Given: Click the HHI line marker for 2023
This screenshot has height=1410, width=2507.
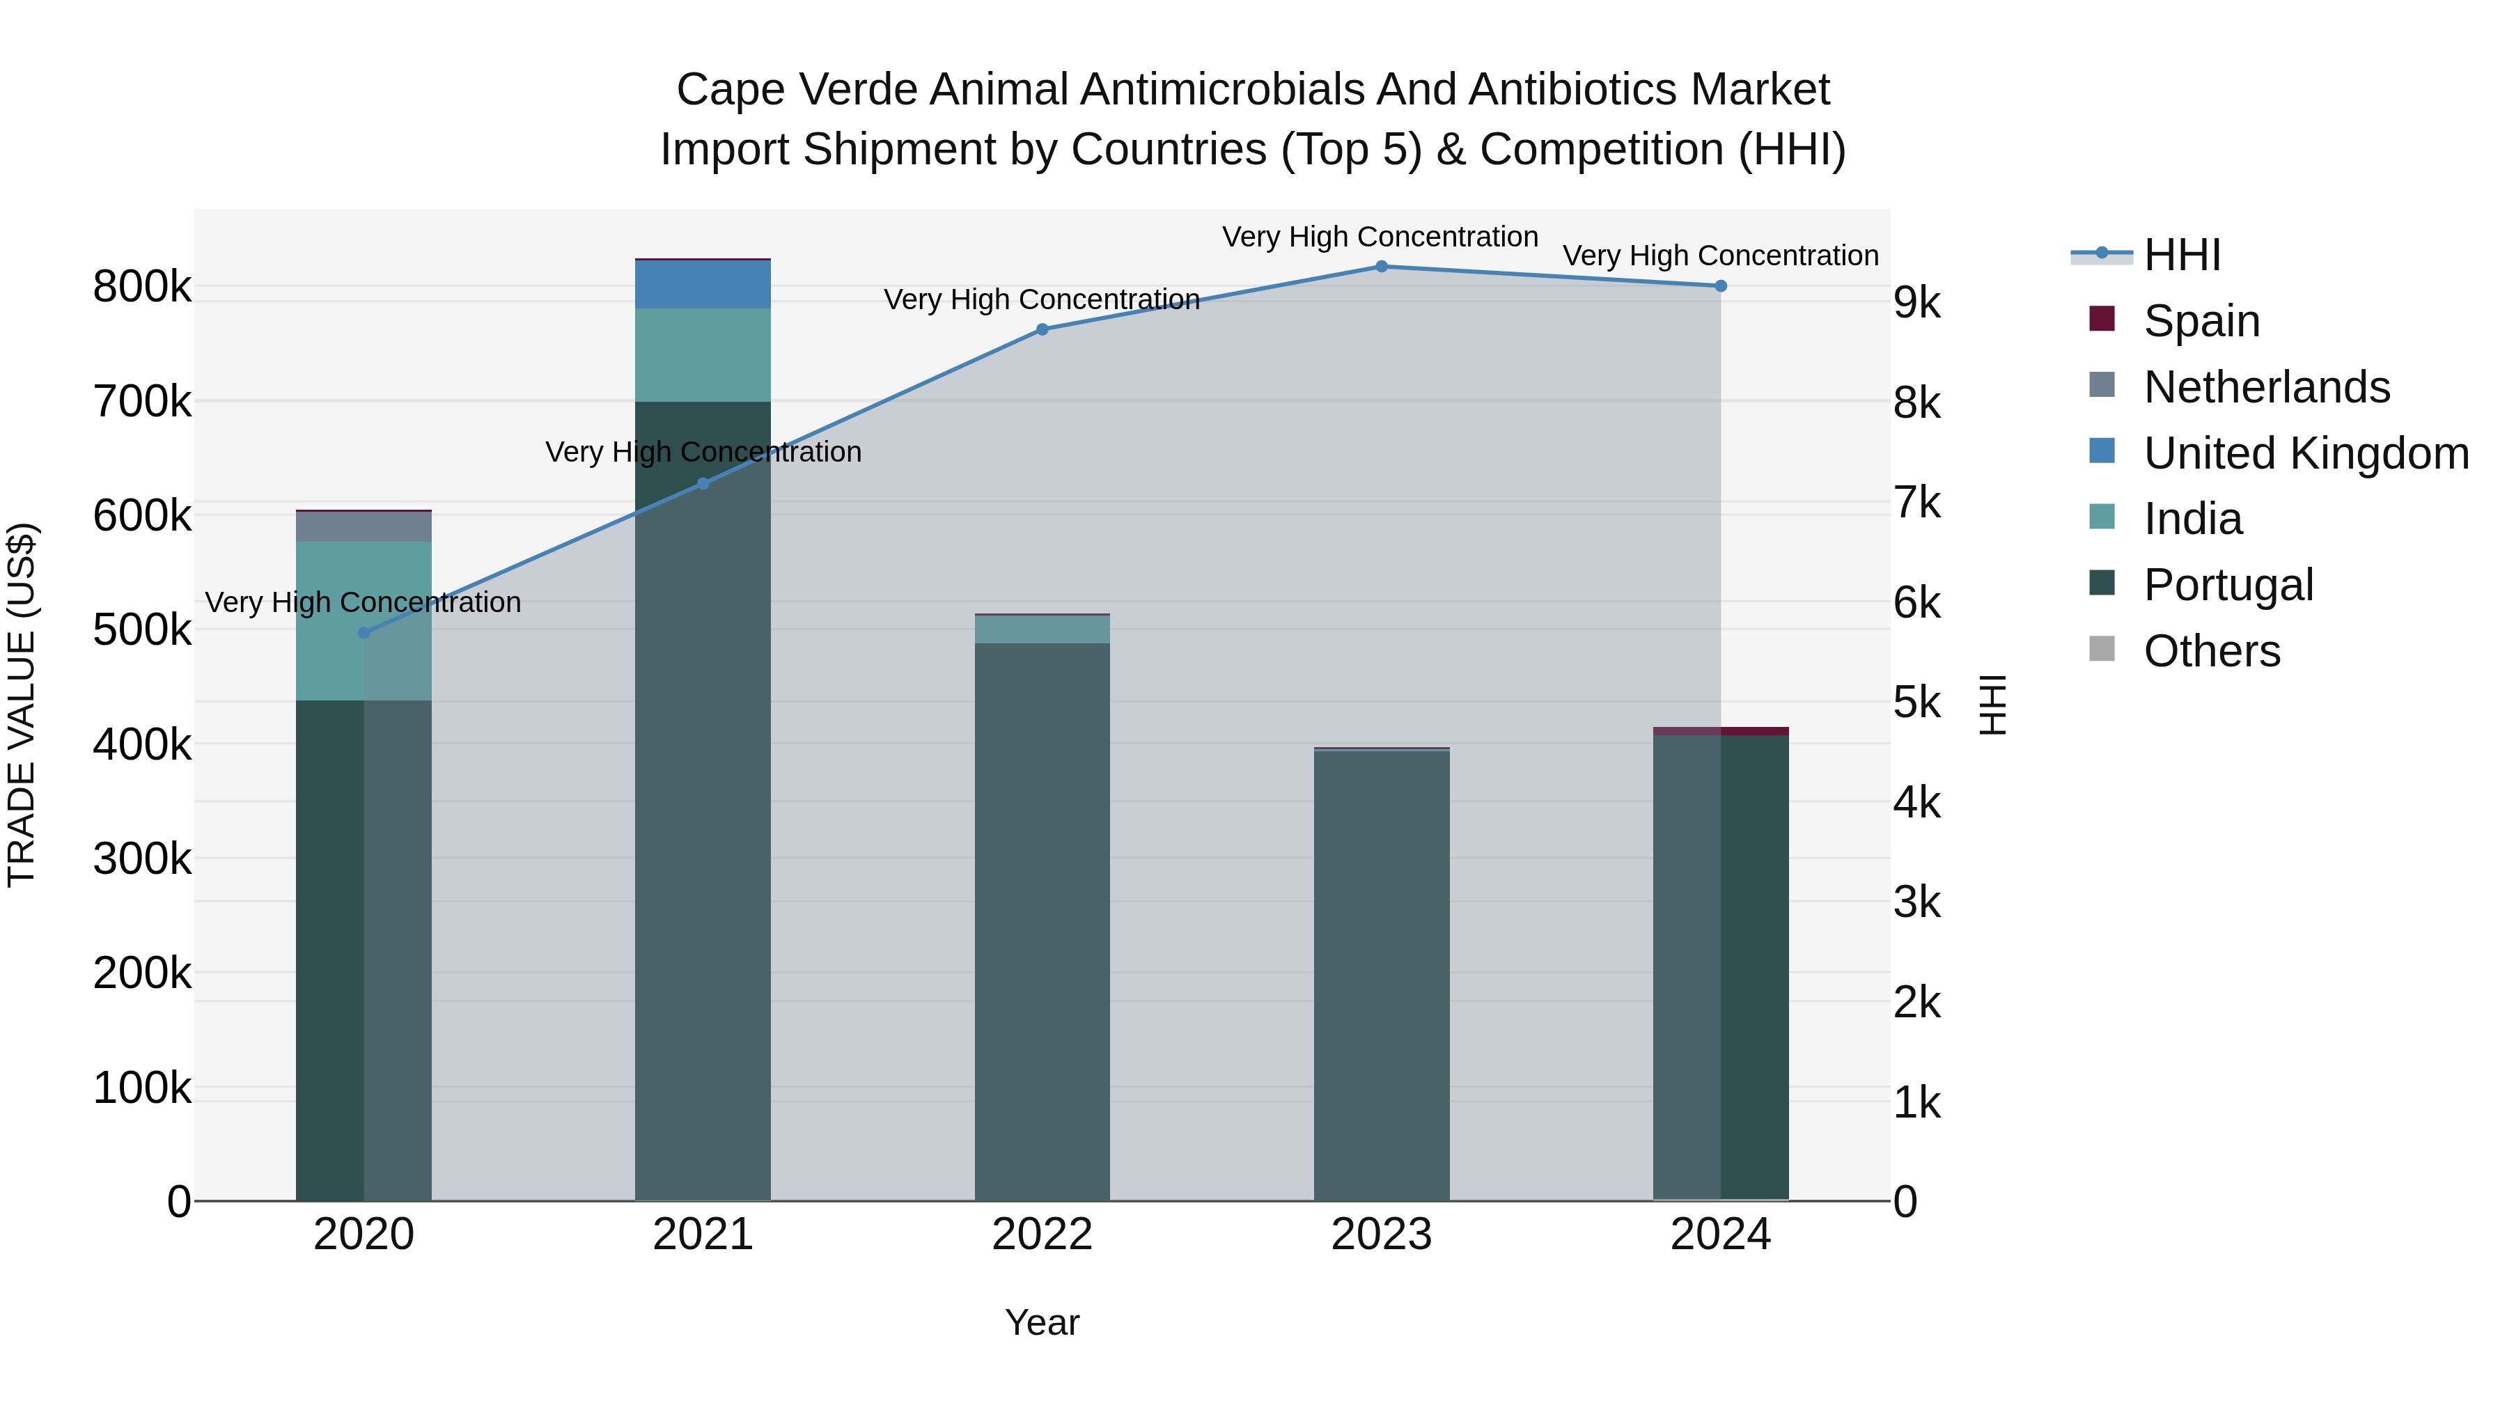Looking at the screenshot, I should [x=1381, y=267].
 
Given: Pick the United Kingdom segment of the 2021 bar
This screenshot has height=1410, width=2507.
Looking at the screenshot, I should [x=703, y=284].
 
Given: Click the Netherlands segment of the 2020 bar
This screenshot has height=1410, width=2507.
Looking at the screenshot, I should [x=364, y=526].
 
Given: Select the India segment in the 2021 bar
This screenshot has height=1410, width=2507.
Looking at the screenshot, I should [x=703, y=355].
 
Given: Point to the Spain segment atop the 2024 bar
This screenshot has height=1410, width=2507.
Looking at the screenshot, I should [x=1721, y=731].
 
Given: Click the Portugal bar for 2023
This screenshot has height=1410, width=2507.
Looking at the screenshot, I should [x=1381, y=973].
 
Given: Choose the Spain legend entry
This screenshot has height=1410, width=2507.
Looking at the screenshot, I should [x=2201, y=321].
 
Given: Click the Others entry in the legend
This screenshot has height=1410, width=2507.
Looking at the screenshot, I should [x=2211, y=651].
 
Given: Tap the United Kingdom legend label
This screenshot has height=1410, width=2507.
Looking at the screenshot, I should [x=2306, y=453].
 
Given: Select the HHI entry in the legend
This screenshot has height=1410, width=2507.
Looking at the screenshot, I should [x=2182, y=255].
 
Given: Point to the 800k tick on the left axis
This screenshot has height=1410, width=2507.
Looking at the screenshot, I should [x=142, y=287].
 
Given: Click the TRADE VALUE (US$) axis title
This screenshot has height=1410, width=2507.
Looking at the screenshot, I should [x=22, y=705].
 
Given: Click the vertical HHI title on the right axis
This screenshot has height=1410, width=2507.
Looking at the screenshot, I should [x=1993, y=705].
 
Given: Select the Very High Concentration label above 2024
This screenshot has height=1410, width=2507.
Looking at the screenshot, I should [x=1721, y=256].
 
